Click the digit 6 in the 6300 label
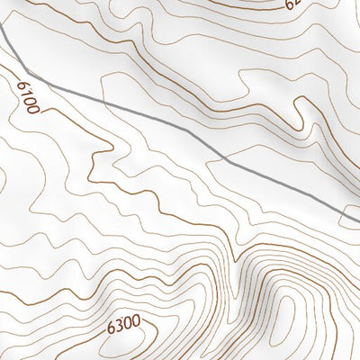[109, 320]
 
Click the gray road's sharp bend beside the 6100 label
[28, 71]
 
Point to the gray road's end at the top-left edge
[1, 31]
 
